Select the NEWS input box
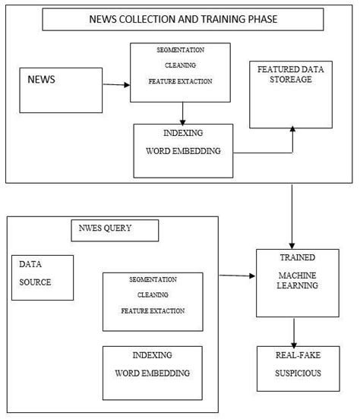[x=61, y=90]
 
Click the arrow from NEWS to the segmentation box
[x=115, y=84]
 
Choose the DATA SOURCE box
[x=43, y=278]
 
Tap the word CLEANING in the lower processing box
[x=153, y=295]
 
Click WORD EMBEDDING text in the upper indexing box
[x=183, y=151]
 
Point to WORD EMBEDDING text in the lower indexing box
[x=152, y=373]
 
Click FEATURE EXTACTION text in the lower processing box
[x=153, y=311]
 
